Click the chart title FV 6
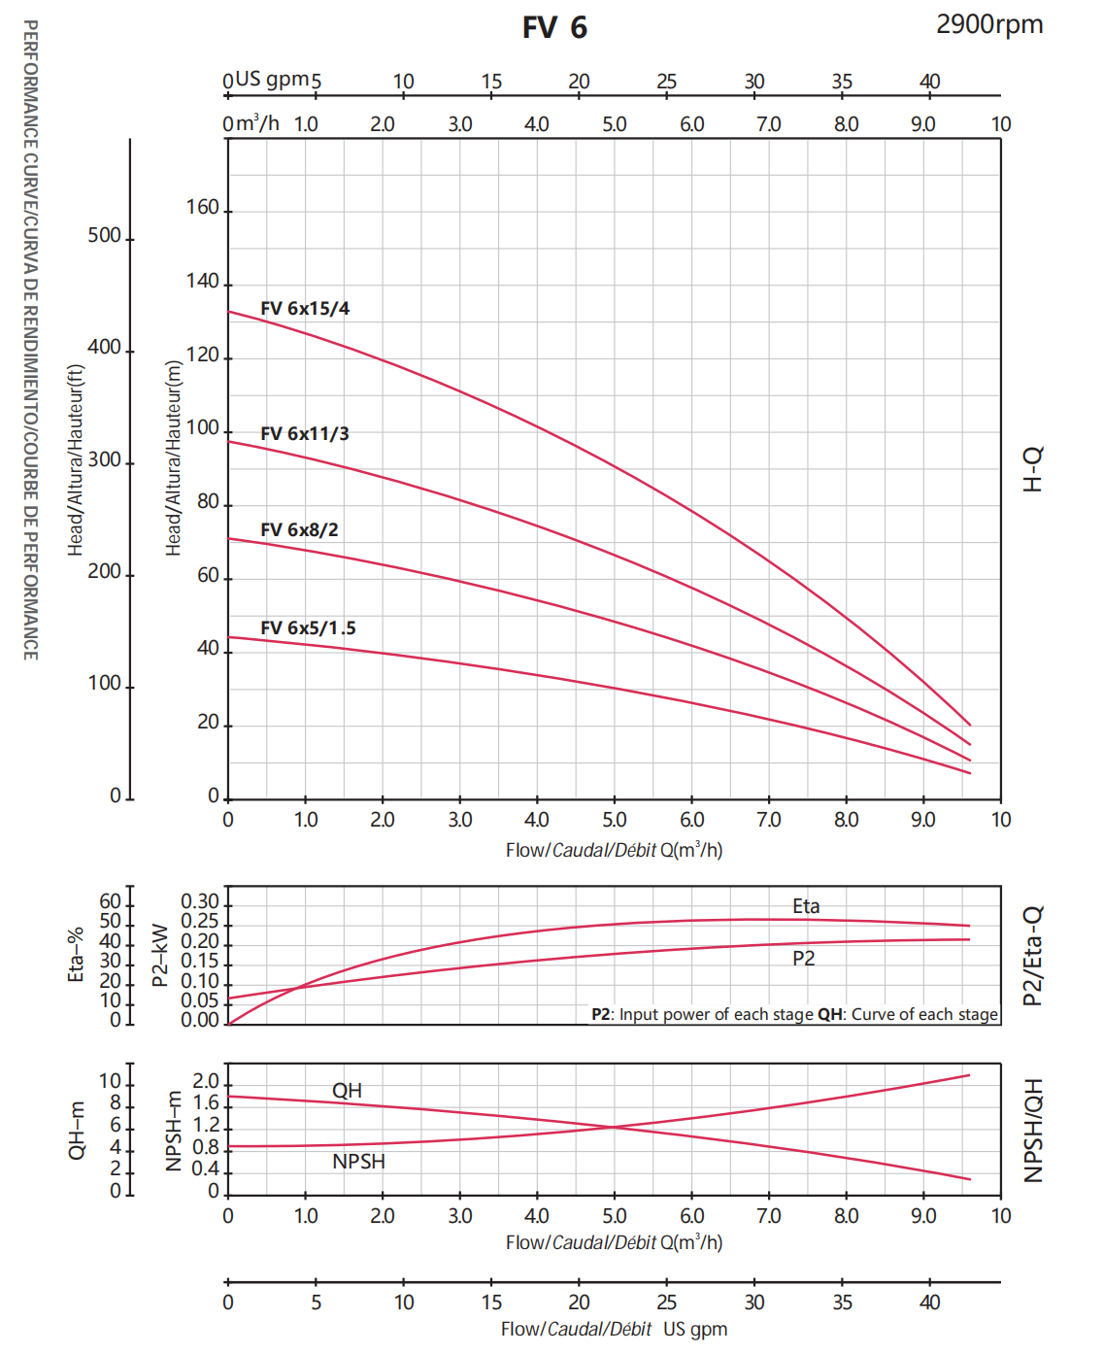(554, 28)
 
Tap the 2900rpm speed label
(989, 24)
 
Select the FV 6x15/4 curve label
(305, 308)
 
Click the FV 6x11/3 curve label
(305, 433)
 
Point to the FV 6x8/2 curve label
(299, 529)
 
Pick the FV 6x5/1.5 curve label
(308, 628)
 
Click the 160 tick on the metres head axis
(202, 207)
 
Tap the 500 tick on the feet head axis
(104, 235)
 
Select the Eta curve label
(806, 906)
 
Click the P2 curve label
(803, 958)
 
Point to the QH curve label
(347, 1091)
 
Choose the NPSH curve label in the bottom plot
(358, 1162)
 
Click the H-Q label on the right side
(1033, 469)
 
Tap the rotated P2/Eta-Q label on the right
(1033, 956)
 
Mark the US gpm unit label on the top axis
(272, 79)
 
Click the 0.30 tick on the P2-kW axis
(199, 901)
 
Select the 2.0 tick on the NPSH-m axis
(205, 1081)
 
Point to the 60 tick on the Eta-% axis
(110, 901)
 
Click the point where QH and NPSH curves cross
(614, 1127)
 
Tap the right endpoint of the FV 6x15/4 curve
(970, 725)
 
